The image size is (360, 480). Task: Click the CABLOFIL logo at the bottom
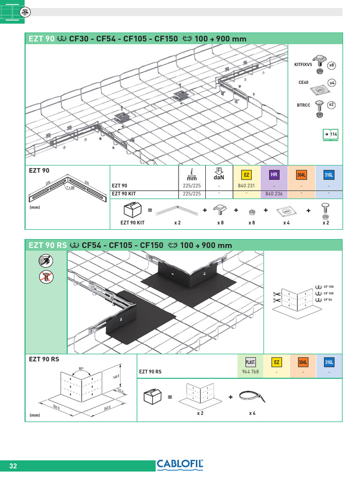pyautogui.click(x=180, y=465)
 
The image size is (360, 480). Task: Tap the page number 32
pyautogui.click(x=13, y=466)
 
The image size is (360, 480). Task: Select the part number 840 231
pyautogui.click(x=247, y=186)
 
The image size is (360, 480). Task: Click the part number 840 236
pyautogui.click(x=274, y=193)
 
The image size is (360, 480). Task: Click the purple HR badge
pyautogui.click(x=274, y=175)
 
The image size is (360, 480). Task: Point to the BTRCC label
pyautogui.click(x=303, y=105)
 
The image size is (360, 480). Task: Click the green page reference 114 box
pyautogui.click(x=330, y=135)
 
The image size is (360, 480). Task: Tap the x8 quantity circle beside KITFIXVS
pyautogui.click(x=332, y=65)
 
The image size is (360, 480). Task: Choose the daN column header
pyautogui.click(x=219, y=174)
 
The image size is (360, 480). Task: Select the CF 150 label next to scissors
pyautogui.click(x=328, y=286)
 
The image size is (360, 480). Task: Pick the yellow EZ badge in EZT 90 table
pyautogui.click(x=247, y=175)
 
